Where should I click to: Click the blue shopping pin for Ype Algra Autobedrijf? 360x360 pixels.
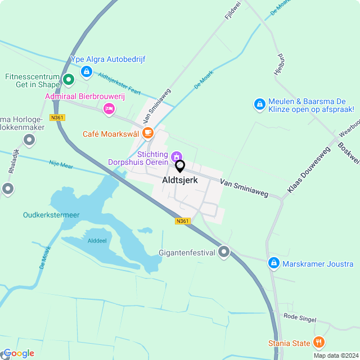(x=86, y=71)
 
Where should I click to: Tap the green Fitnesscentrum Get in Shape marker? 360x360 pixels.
(x=68, y=80)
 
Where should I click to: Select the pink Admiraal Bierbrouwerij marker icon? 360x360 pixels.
(x=109, y=108)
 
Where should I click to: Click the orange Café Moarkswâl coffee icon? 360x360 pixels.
(x=147, y=133)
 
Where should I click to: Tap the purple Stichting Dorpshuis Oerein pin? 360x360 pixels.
(x=177, y=155)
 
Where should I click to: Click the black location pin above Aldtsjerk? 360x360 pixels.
(x=180, y=166)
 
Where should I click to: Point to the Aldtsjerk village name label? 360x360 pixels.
(x=179, y=181)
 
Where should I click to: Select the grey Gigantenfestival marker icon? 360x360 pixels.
(x=224, y=252)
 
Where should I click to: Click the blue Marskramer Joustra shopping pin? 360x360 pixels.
(x=273, y=263)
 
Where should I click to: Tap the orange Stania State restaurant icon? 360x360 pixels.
(x=319, y=342)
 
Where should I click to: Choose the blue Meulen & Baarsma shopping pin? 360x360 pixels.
(x=259, y=104)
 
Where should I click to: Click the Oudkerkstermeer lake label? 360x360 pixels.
(x=51, y=214)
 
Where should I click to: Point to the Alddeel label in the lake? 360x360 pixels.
(x=97, y=240)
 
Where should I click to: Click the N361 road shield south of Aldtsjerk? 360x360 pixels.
(x=182, y=221)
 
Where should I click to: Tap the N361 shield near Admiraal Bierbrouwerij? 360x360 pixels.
(x=57, y=118)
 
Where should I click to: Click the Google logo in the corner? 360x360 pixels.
(x=19, y=353)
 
